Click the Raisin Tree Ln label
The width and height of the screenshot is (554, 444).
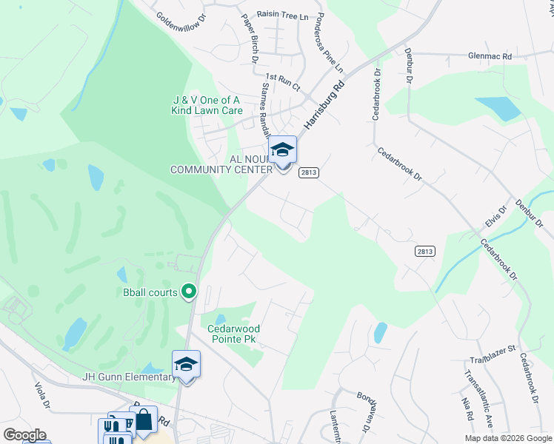click(282, 14)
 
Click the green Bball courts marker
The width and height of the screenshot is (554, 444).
click(188, 292)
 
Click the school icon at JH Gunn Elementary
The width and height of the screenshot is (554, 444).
click(186, 364)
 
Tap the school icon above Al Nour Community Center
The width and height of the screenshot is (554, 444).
click(282, 150)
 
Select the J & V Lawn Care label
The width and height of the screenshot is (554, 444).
click(208, 105)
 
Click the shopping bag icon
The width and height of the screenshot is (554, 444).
click(143, 420)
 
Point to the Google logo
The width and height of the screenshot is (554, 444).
click(24, 435)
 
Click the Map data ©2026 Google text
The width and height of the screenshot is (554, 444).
click(507, 437)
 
